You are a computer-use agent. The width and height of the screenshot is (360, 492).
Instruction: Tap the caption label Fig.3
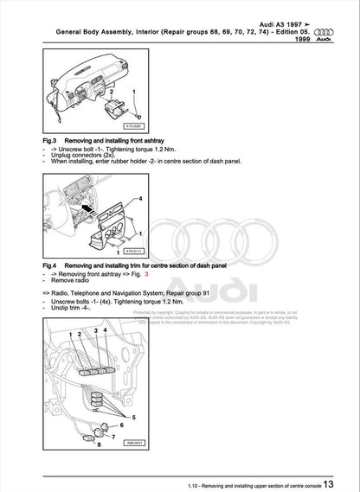click(50, 139)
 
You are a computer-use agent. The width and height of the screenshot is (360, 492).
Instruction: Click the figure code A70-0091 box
click(127, 124)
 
